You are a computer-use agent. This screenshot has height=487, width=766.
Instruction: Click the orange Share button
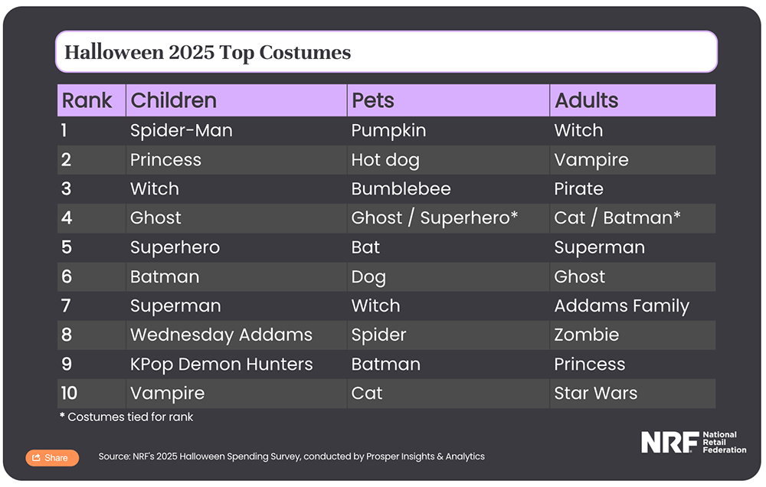click(52, 458)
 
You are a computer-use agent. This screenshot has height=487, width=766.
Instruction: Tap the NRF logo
click(693, 442)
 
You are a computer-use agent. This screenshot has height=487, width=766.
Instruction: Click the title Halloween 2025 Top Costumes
click(208, 52)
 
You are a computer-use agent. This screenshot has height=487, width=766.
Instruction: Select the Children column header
click(173, 100)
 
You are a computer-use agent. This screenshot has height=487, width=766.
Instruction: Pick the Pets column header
click(373, 100)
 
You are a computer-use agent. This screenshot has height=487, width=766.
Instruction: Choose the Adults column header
click(586, 100)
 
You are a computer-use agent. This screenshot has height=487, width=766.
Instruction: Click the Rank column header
click(87, 100)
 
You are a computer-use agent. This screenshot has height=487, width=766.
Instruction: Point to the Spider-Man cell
click(182, 130)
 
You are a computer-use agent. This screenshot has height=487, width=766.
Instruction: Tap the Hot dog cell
click(385, 160)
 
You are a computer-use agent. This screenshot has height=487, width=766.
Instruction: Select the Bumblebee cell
click(401, 188)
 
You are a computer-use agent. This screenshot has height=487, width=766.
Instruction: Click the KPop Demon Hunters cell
click(221, 364)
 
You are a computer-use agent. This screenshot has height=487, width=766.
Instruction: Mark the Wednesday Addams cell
click(221, 335)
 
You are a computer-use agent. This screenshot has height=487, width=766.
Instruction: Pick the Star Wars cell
click(595, 394)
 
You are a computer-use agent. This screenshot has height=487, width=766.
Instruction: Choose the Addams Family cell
click(621, 306)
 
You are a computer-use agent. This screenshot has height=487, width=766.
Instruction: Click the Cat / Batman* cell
click(617, 218)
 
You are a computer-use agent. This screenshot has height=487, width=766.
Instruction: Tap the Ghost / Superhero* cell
click(434, 218)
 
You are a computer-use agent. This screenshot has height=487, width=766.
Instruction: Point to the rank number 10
click(69, 394)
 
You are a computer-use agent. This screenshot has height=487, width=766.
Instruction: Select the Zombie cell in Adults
click(586, 335)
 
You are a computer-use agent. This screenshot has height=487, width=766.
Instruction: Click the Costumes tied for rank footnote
click(126, 417)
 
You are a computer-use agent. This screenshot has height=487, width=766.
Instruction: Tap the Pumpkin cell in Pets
click(388, 131)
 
